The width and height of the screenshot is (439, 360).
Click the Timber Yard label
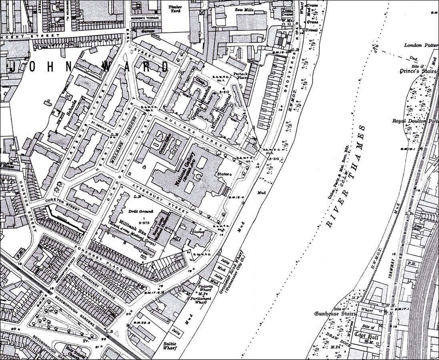(x=175, y=9)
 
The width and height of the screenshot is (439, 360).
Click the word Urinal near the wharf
(x=311, y=30)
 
